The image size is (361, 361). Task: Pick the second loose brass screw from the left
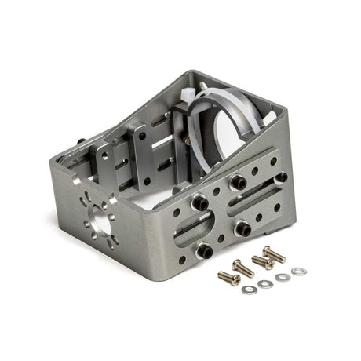[x=242, y=268]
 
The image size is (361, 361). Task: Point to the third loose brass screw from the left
[x=261, y=261]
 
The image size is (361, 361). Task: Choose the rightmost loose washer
[x=298, y=272]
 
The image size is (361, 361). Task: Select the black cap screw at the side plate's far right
[x=275, y=161]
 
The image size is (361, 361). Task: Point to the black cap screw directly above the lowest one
[x=201, y=202]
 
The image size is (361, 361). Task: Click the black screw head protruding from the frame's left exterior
[x=82, y=140]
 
